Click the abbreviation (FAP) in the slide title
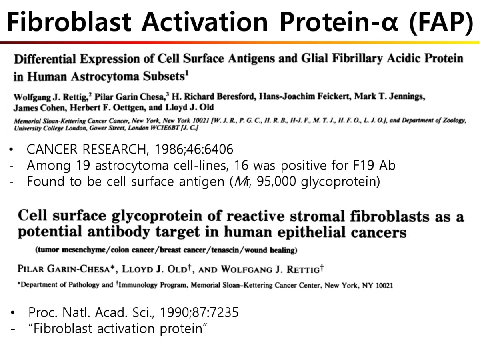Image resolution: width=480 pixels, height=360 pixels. (441, 22)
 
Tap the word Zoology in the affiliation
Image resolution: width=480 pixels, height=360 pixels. (455, 121)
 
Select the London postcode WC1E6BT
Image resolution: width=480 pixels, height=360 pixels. (165, 128)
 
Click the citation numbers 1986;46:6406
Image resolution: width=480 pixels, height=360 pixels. (194, 149)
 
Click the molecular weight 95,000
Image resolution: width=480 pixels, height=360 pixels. (276, 182)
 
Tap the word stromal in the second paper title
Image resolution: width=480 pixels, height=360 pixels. (316, 216)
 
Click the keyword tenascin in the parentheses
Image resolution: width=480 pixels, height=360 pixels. (225, 250)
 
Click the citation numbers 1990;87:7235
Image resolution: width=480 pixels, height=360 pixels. (199, 312)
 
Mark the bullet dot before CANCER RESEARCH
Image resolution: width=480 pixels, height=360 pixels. (11, 150)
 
